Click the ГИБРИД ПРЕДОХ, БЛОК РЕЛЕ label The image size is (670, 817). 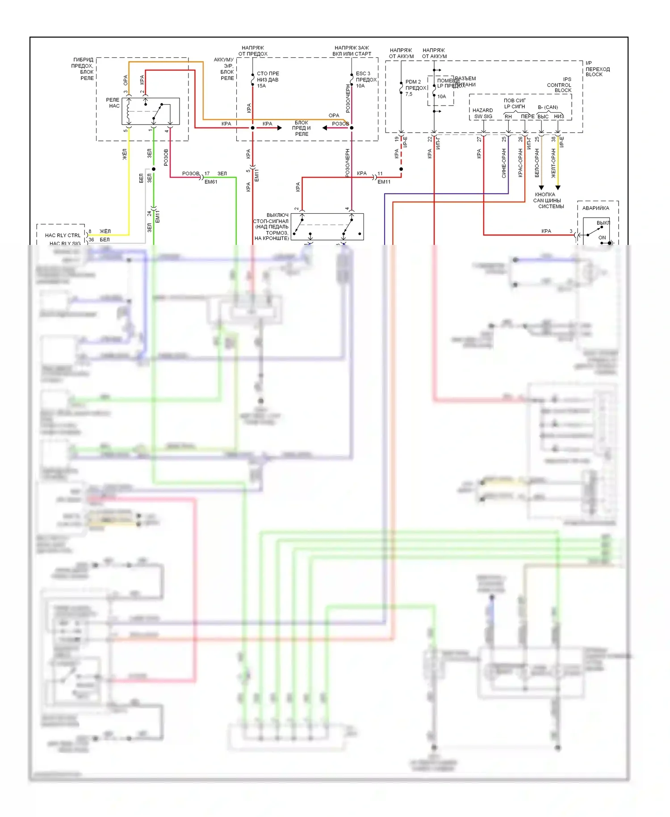83,69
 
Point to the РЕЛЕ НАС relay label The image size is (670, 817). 113,103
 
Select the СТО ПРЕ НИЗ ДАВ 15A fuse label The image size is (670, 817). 268,80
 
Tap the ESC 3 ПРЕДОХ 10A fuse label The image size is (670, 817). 366,80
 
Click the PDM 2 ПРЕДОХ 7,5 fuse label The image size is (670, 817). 415,88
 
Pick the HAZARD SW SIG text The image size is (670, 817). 483,114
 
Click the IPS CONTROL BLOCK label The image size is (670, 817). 559,84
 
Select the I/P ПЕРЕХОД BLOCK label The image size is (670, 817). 597,69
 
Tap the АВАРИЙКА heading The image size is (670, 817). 595,208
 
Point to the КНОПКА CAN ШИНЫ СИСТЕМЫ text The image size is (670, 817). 548,201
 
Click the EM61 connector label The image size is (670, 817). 211,182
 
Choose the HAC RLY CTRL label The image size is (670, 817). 63,235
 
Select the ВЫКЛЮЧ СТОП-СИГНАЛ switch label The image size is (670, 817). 271,227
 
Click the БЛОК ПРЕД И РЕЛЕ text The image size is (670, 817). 301,128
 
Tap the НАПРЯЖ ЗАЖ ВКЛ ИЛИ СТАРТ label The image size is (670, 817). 352,51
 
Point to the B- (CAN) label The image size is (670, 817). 548,107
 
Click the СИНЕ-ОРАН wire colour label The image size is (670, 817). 504,164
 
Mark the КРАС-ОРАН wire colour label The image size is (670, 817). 520,163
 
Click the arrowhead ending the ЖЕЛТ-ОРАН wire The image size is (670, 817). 558,188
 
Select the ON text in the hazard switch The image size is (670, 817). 602,238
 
